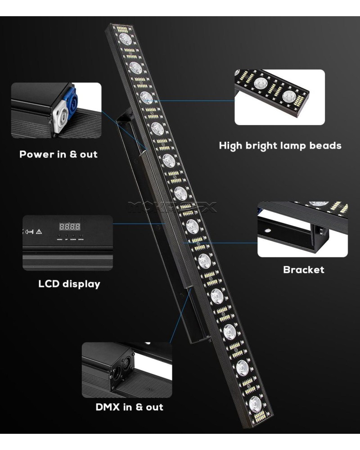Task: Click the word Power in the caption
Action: point(36,154)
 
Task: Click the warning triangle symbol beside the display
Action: point(39,232)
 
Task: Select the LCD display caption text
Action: point(69,284)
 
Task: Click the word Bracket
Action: point(303,270)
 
